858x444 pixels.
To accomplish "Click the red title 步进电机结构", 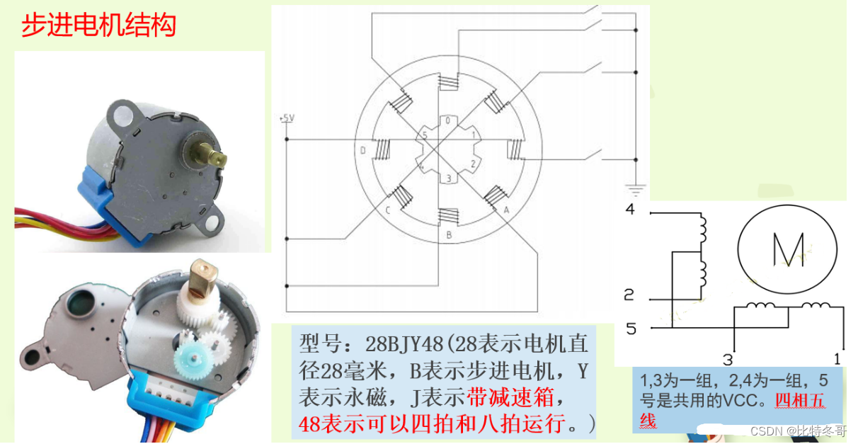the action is [x=99, y=25].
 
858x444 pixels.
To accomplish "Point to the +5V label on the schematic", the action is [x=287, y=118].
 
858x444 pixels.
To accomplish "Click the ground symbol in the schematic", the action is [x=636, y=190].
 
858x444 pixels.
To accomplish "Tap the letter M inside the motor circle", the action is [x=788, y=250].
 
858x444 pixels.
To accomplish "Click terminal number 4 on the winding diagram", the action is [x=630, y=209].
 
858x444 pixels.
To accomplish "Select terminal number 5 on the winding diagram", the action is [x=631, y=329].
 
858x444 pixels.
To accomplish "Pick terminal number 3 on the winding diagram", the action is [x=728, y=360].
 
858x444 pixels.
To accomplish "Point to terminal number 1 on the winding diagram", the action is [x=837, y=359].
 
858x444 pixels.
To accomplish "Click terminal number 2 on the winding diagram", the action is [x=629, y=295].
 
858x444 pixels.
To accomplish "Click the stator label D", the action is [x=363, y=151].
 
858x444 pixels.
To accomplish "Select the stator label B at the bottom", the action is [x=450, y=235].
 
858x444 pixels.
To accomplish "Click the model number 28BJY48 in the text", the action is [x=404, y=343].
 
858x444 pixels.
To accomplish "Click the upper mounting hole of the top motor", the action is [x=123, y=114].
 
